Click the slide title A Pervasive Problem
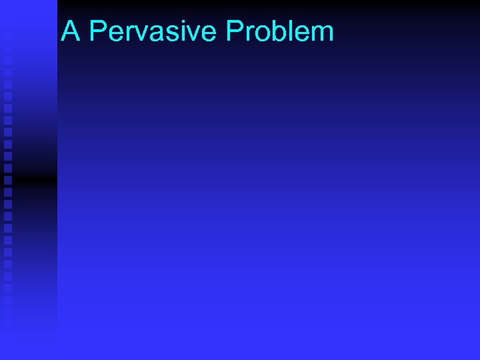click(x=197, y=31)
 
